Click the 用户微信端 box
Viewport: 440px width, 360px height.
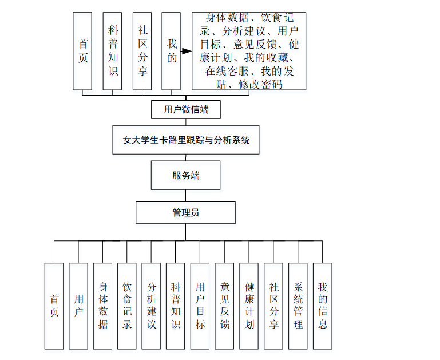tap(185, 109)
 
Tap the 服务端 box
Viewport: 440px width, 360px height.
tap(185, 175)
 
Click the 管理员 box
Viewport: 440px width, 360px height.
tap(185, 212)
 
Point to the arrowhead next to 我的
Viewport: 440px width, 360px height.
tap(186, 52)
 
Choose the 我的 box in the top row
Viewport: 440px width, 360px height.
tap(171, 51)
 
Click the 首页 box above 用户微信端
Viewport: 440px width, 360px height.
tap(82, 51)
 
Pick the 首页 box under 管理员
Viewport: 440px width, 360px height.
tap(54, 306)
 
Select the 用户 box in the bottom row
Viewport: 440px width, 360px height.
tap(78, 306)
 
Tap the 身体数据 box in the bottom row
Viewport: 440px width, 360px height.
tap(103, 306)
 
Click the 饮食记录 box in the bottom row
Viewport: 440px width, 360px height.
tap(127, 306)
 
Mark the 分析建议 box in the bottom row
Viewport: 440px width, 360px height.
tap(152, 306)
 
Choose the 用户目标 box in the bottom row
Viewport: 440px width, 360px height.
tap(200, 306)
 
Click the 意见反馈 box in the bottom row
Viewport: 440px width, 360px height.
tap(225, 306)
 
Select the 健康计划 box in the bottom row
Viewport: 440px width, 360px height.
tap(249, 306)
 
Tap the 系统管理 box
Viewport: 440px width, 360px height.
tap(298, 306)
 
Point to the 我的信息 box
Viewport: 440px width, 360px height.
tap(322, 306)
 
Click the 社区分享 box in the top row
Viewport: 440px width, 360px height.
tap(141, 51)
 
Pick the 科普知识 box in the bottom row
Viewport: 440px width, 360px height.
tap(176, 306)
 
